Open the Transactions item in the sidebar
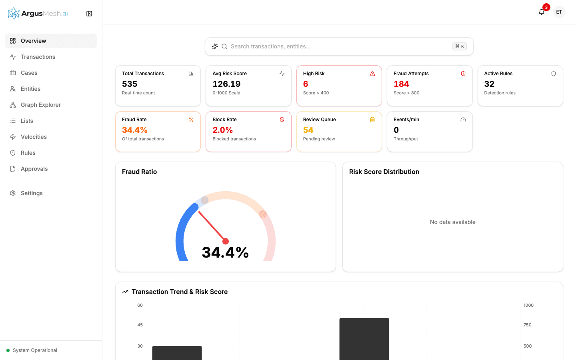[38, 57]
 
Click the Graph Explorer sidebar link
[40, 105]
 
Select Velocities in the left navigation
[34, 137]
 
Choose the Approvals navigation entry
[34, 169]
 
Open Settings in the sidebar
[32, 193]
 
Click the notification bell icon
[542, 12]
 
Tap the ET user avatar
[559, 12]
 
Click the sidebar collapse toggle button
[89, 14]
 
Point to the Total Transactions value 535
[130, 84]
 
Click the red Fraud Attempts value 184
[401, 84]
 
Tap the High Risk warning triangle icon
[372, 74]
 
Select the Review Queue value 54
[308, 130]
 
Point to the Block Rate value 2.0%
[222, 130]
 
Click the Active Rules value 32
[489, 84]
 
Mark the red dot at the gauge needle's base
[226, 241]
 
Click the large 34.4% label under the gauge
[225, 252]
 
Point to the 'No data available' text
[452, 222]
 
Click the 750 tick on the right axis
[527, 325]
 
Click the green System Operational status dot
[8, 350]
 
